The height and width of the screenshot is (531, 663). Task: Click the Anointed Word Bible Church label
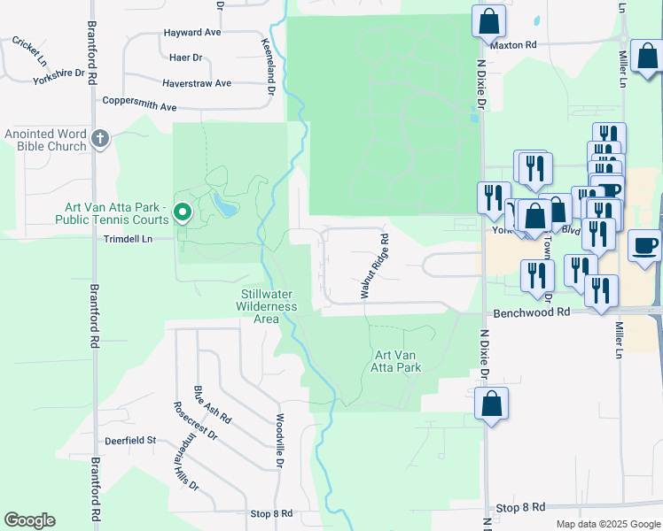click(43, 139)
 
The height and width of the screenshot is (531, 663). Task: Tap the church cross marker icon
click(100, 137)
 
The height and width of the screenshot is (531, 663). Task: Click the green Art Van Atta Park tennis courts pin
click(183, 212)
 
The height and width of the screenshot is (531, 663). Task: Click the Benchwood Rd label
click(532, 312)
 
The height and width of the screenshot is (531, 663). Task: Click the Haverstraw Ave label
click(196, 83)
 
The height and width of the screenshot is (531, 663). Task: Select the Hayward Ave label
click(192, 32)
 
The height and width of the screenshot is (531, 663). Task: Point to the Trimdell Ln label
click(129, 239)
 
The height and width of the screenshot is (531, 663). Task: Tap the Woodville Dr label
click(278, 441)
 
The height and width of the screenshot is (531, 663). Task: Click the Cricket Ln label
click(30, 50)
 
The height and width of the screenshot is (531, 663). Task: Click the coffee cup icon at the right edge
click(644, 245)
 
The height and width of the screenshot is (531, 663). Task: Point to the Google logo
click(29, 520)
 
